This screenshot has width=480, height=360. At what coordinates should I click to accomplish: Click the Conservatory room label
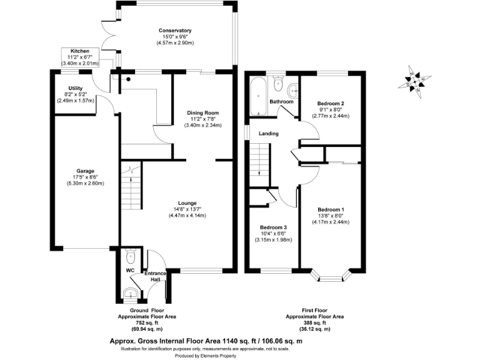[175, 31]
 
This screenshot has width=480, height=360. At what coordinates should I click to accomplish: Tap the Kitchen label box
[79, 57]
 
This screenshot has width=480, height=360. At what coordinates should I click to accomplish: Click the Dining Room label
[201, 113]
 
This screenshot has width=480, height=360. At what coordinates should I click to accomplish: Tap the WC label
[131, 271]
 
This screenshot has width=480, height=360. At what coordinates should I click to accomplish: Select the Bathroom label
[281, 101]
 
